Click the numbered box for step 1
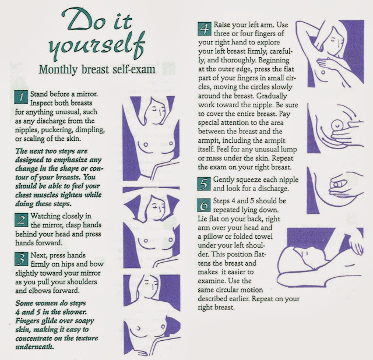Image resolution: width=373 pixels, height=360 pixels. pyautogui.click(x=21, y=97)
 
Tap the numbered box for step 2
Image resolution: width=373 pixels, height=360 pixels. pyautogui.click(x=21, y=220)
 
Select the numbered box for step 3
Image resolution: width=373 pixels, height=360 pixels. pyautogui.click(x=21, y=259)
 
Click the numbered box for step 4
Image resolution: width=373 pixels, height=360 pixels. pyautogui.click(x=205, y=29)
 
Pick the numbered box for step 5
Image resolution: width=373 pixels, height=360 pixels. pyautogui.click(x=204, y=184)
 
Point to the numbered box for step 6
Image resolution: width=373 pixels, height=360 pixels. pyautogui.click(x=204, y=205)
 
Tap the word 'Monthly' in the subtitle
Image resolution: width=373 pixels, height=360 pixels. pyautogui.click(x=58, y=70)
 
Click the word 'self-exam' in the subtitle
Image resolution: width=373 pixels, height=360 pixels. pyautogui.click(x=132, y=69)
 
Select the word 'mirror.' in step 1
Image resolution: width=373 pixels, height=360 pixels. pyautogui.click(x=87, y=94)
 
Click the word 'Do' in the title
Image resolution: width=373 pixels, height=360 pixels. pyautogui.click(x=83, y=19)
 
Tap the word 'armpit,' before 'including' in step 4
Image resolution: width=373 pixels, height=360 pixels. pyautogui.click(x=209, y=141)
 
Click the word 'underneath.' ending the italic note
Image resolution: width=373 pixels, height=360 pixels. pyautogui.click(x=35, y=347)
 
